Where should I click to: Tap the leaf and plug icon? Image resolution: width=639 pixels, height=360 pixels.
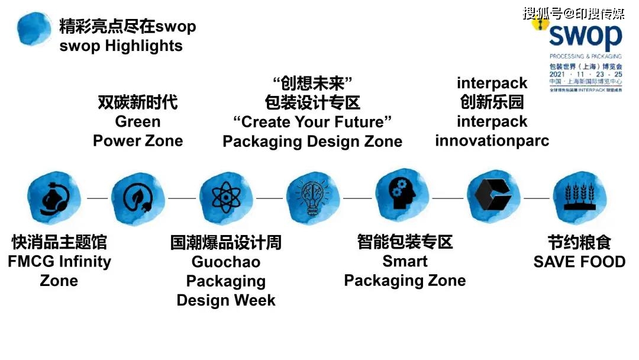click(138, 198)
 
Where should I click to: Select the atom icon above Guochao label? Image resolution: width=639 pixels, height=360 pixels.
click(225, 198)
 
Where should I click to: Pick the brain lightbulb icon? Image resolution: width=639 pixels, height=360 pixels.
click(312, 198)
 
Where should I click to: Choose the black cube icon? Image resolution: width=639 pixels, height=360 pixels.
click(492, 197)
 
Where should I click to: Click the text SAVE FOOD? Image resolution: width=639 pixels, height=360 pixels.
click(579, 262)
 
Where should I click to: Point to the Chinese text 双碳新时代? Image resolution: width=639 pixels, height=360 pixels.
click(138, 102)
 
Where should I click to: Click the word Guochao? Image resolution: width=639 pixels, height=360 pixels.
click(225, 262)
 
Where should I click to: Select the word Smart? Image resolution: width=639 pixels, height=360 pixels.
click(405, 261)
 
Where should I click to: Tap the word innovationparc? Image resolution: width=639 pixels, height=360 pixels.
click(492, 141)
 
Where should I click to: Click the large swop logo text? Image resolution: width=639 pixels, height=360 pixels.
click(585, 37)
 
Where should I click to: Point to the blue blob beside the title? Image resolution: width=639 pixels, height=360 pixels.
click(34, 28)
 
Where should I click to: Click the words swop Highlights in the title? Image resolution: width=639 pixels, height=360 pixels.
click(121, 46)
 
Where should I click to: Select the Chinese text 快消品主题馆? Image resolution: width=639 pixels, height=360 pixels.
click(59, 242)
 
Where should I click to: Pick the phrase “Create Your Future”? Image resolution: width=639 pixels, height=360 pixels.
click(312, 122)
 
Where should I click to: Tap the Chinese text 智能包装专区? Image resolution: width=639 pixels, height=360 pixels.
click(405, 242)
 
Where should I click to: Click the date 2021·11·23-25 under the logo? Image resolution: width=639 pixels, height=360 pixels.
click(585, 74)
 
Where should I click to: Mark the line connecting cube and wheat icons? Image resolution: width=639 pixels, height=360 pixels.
click(536, 198)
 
